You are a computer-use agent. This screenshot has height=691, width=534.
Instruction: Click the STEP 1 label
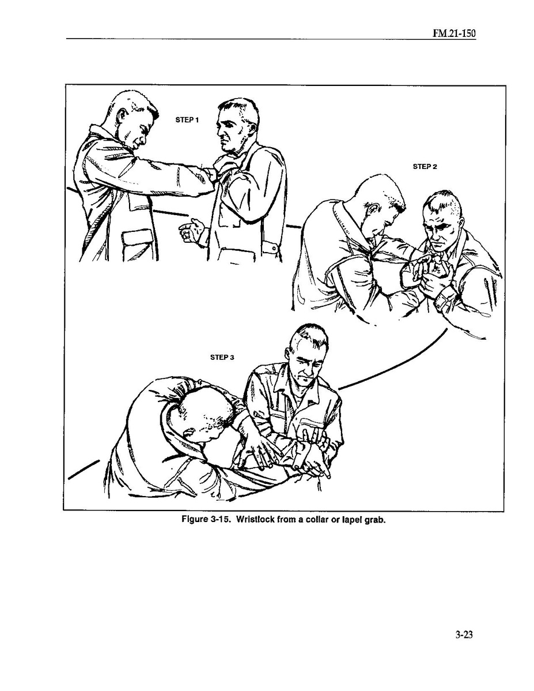tap(187, 120)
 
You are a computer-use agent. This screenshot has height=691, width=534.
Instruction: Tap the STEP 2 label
tap(425, 167)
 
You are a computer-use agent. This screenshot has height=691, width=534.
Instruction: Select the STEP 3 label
tap(222, 357)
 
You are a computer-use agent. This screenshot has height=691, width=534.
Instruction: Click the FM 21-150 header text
tap(454, 34)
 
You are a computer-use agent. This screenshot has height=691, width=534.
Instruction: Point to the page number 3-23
tap(464, 634)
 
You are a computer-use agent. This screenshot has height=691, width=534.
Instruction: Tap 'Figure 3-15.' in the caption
tap(206, 519)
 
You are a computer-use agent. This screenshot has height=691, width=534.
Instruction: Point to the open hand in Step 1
tap(190, 230)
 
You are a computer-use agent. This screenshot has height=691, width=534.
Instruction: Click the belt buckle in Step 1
tap(273, 248)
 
